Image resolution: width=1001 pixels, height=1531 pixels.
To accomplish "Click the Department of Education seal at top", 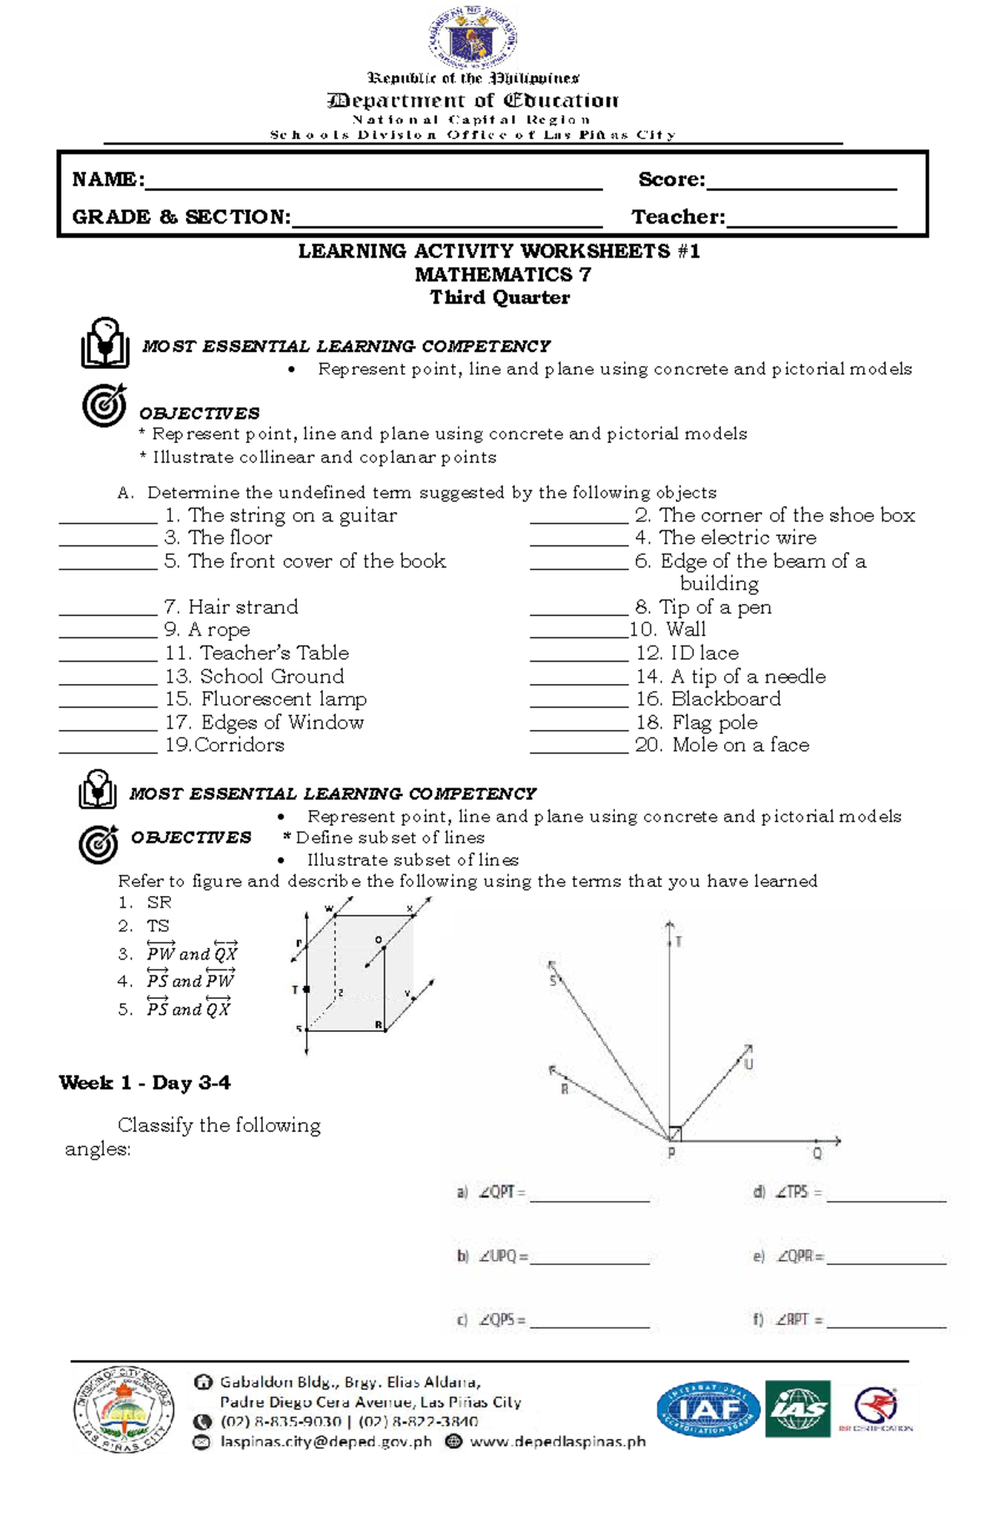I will pos(473,37).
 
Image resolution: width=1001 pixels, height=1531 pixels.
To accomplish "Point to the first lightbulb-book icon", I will pos(104,343).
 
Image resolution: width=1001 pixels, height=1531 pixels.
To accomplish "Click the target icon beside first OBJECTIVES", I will pos(103,405).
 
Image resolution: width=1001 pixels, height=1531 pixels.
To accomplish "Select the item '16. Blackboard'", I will pos(708,698).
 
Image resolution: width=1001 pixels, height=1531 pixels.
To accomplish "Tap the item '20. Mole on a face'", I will pos(722,744).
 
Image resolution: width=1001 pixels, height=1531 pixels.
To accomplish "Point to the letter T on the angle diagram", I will pos(678,941).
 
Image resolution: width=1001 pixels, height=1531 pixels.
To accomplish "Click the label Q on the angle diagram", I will pos(817,1154).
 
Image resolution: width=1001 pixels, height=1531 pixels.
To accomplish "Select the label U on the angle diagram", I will pos(748,1065).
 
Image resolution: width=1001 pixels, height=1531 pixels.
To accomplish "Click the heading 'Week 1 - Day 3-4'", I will pos(144,1083).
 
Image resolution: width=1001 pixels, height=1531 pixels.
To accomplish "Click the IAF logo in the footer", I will pos(707,1408).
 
